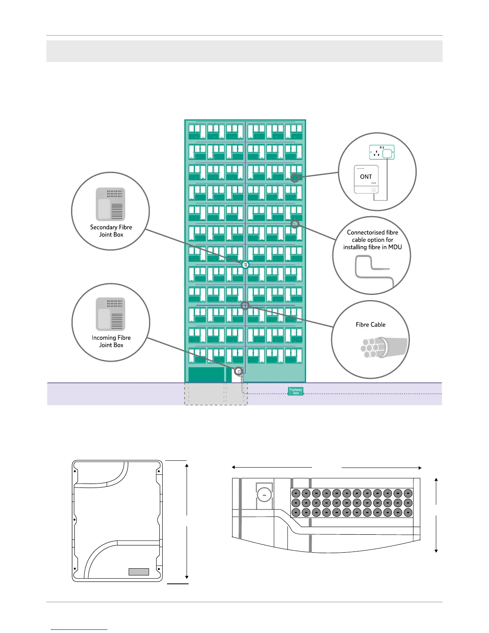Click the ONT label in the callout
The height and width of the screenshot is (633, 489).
[x=366, y=177]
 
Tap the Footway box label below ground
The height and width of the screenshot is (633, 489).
[x=296, y=391]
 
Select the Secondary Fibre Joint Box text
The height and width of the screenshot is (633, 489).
[x=111, y=231]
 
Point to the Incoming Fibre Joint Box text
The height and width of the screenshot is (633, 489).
[x=111, y=341]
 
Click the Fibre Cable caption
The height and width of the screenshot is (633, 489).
[x=370, y=324]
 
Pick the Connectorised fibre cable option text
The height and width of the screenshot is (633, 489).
[x=372, y=240]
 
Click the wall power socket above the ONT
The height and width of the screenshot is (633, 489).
[x=382, y=152]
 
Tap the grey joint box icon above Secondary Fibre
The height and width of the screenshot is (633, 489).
[x=111, y=204]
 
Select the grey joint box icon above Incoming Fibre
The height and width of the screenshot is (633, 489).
[x=111, y=314]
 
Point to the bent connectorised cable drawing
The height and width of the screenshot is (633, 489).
[x=374, y=271]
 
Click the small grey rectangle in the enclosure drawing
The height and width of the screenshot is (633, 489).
[x=139, y=572]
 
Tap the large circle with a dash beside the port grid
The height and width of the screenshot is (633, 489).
[x=264, y=495]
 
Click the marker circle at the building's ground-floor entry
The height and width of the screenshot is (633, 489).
[x=239, y=372]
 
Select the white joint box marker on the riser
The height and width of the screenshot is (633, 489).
[x=245, y=265]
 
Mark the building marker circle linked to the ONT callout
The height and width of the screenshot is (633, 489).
[x=295, y=178]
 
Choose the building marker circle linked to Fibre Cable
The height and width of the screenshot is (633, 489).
[x=245, y=306]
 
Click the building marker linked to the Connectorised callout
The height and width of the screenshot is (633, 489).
[x=295, y=224]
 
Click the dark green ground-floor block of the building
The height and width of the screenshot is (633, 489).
[x=206, y=375]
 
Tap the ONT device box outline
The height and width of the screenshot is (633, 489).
[x=366, y=179]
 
